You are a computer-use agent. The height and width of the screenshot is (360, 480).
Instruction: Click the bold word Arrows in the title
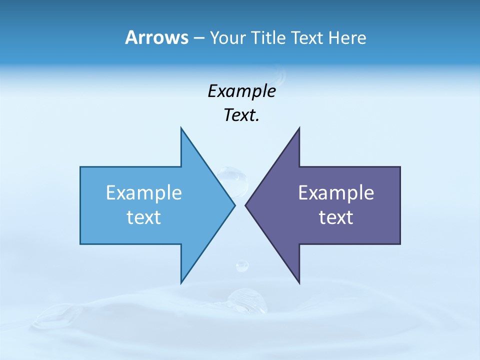[156, 37]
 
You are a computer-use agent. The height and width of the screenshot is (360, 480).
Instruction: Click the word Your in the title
[226, 38]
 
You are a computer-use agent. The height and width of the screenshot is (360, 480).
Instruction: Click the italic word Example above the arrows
[241, 91]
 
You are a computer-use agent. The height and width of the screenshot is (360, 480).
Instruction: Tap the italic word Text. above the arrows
[241, 115]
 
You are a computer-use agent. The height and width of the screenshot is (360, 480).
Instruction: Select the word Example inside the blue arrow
[144, 192]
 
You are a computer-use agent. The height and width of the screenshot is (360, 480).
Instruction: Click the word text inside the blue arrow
[144, 217]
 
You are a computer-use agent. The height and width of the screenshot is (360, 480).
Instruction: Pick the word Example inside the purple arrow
[336, 192]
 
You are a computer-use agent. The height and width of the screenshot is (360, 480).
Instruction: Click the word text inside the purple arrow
[336, 217]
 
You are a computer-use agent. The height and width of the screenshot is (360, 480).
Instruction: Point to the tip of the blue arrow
[234, 205]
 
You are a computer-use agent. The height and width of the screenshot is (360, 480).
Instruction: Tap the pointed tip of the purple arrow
[245, 205]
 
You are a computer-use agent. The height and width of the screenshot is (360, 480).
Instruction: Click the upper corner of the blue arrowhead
[181, 128]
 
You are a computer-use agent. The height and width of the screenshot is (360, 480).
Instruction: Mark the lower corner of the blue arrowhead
[181, 283]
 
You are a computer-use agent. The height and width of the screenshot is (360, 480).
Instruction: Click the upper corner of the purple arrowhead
[299, 128]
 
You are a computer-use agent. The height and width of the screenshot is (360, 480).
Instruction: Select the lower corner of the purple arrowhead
[299, 283]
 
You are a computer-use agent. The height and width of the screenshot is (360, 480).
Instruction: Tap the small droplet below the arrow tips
[242, 265]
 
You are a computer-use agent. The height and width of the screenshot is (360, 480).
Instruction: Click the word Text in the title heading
[307, 38]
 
